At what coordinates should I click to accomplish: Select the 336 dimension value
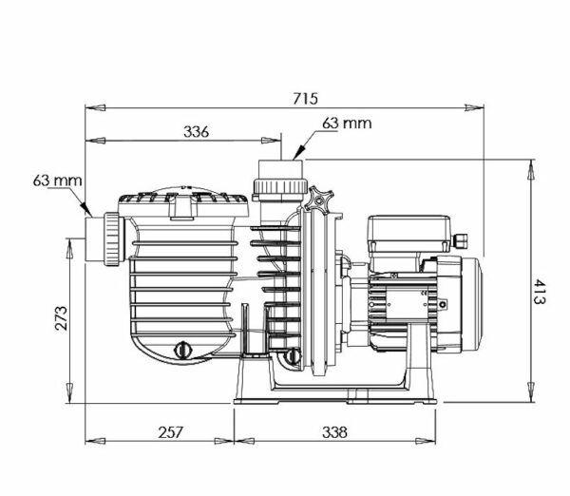[x=195, y=131]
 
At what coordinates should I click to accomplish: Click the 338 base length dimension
[x=333, y=431]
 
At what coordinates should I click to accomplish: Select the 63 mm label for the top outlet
[x=348, y=123]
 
